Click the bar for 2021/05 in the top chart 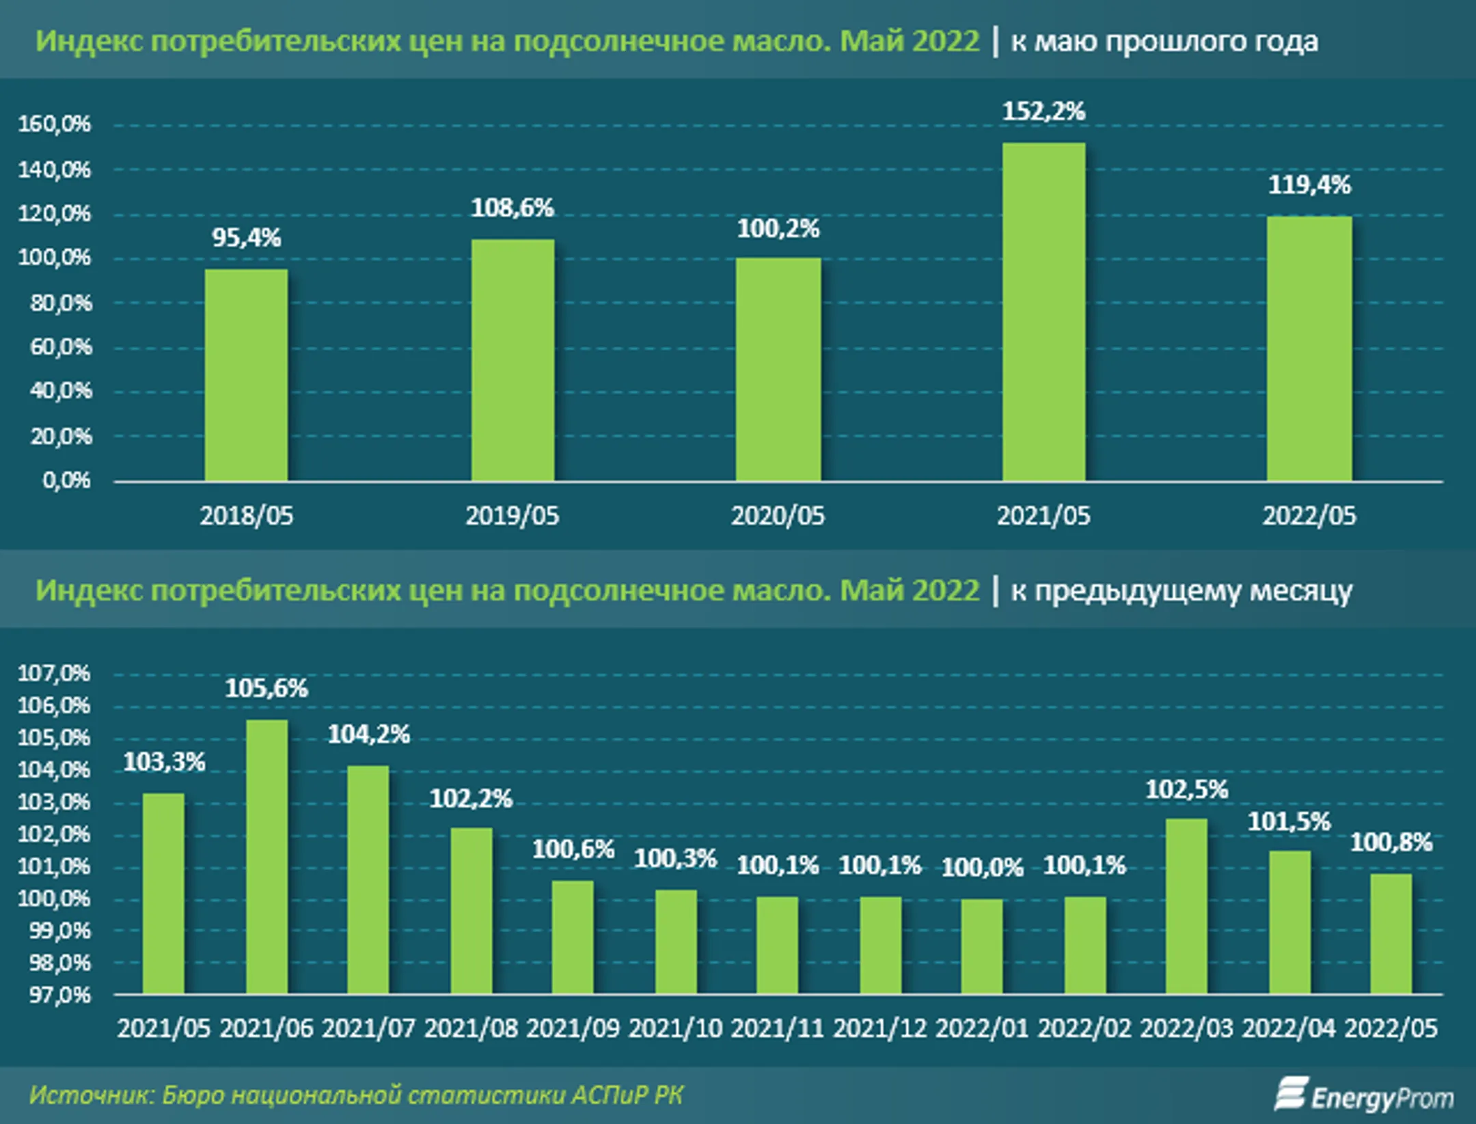[x=1043, y=312]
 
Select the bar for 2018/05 [x=246, y=374]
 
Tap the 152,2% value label [x=1043, y=111]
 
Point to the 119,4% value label [x=1309, y=184]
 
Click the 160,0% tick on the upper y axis [x=54, y=124]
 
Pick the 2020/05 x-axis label [x=778, y=516]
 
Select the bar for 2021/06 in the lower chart [x=266, y=855]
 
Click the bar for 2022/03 [x=1186, y=905]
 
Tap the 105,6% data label [x=266, y=688]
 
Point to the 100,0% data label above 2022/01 [x=982, y=868]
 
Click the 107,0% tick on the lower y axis [x=54, y=674]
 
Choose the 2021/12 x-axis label [x=879, y=1028]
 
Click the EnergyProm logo [x=1364, y=1096]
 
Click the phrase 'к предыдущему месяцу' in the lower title [x=1181, y=591]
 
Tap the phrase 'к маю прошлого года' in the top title [x=1164, y=42]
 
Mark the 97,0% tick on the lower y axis [x=59, y=995]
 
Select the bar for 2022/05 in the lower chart [x=1391, y=933]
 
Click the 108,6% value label [x=512, y=208]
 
